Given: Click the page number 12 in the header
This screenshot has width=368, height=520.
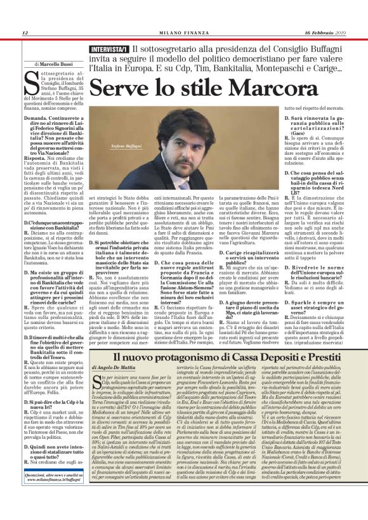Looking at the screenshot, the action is [25, 33].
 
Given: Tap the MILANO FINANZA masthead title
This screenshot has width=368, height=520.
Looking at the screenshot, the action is [183, 33].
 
